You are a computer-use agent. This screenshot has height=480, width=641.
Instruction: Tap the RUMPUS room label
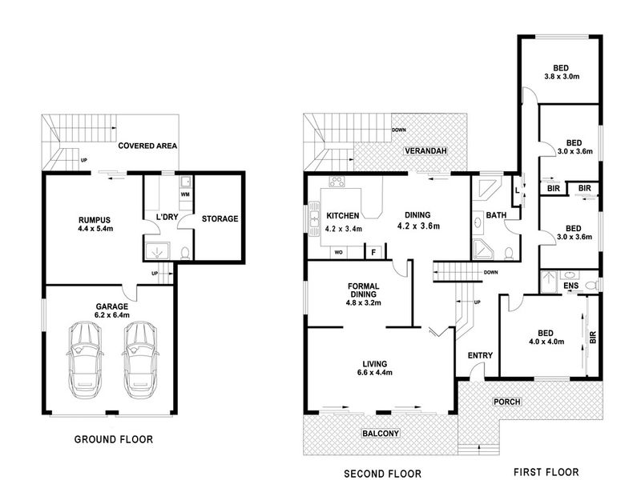click(x=95, y=221)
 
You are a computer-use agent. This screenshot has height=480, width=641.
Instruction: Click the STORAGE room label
click(x=220, y=218)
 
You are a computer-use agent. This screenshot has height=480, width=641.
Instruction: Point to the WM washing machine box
click(x=185, y=194)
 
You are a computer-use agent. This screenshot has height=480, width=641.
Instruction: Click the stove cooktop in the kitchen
click(x=337, y=182)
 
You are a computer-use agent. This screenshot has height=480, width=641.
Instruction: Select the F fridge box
click(x=373, y=252)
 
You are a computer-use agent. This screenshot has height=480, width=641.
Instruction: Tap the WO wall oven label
click(x=338, y=252)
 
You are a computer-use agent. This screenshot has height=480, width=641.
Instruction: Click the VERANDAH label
click(x=425, y=150)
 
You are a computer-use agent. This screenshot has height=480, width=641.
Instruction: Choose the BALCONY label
click(x=381, y=434)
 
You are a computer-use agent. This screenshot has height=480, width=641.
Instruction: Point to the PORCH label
click(x=507, y=402)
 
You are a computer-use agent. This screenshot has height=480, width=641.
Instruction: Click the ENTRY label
click(x=480, y=355)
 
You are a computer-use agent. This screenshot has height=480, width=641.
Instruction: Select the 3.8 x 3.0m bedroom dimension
click(x=562, y=76)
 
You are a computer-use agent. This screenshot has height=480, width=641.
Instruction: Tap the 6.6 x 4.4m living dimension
click(x=375, y=372)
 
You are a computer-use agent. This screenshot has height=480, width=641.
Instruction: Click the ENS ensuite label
click(x=571, y=286)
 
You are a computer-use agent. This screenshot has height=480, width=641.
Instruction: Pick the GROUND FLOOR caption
click(x=114, y=439)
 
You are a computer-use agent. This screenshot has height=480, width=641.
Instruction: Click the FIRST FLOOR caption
click(x=546, y=472)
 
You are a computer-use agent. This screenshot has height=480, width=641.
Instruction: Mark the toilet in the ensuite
click(x=591, y=285)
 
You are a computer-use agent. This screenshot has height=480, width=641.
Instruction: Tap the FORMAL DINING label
click(x=364, y=290)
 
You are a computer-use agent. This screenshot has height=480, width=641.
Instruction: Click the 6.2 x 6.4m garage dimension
click(x=112, y=315)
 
